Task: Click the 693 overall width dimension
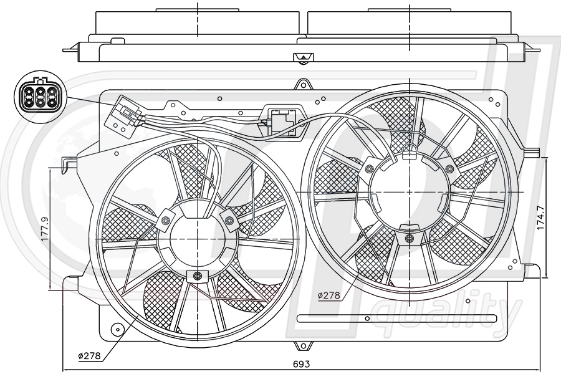[302, 363]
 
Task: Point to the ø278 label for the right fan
[329, 295]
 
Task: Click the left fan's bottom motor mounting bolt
[198, 276]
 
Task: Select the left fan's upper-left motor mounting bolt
[166, 220]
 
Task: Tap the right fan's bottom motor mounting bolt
[409, 238]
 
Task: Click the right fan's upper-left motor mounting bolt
[370, 169]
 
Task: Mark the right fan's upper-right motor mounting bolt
[449, 169]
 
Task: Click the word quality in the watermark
[449, 312]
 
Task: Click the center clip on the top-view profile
[302, 59]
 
